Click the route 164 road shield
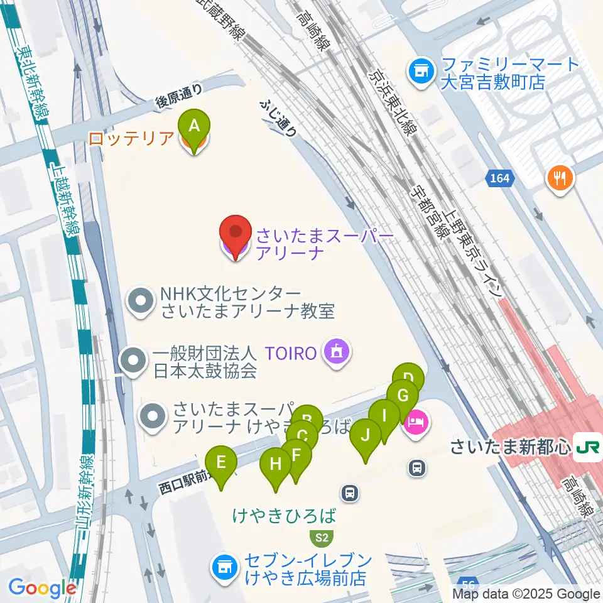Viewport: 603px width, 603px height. pyautogui.click(x=500, y=179)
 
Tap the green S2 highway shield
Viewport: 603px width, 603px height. pyautogui.click(x=322, y=538)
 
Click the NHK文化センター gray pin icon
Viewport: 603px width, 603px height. pyautogui.click(x=140, y=301)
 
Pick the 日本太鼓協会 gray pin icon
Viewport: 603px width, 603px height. pyautogui.click(x=133, y=362)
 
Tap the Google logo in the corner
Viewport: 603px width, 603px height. pyautogui.click(x=42, y=588)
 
